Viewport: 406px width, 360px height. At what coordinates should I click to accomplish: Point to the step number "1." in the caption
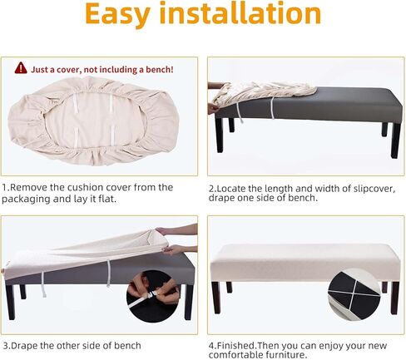[6, 188]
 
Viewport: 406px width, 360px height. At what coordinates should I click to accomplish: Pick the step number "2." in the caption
[212, 189]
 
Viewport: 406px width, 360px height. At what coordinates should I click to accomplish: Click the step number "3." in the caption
[6, 345]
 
